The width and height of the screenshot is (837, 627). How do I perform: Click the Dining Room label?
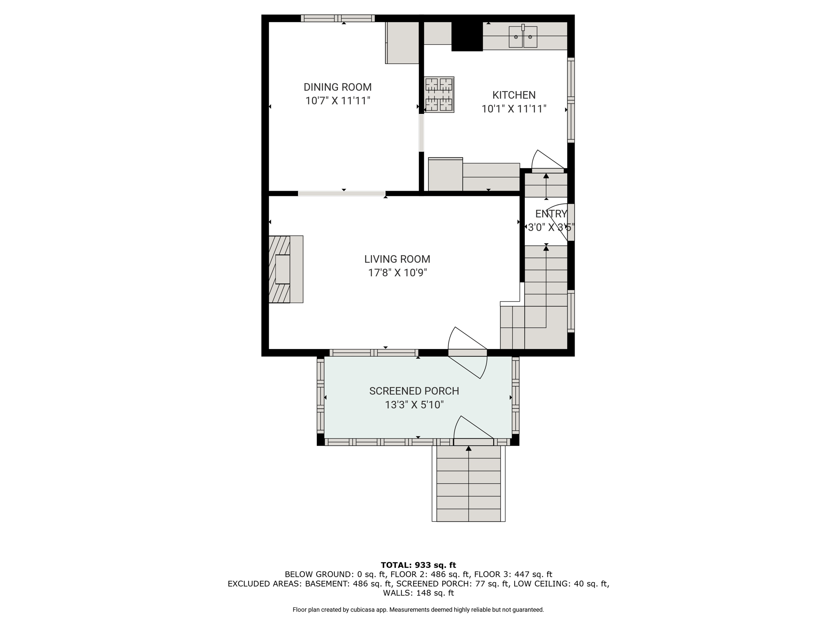coord(338,87)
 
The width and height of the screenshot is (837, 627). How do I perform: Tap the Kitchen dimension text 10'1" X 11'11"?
coord(514,109)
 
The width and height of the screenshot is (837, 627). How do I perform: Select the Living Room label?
coord(397,259)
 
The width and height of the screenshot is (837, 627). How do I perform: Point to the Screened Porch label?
coord(414,391)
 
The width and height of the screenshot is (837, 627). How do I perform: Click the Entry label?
coord(551,214)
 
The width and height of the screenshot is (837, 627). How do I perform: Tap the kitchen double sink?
coord(523,36)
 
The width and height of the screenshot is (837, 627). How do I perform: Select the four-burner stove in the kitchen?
coord(439,95)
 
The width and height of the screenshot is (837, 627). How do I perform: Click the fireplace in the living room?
coord(286,269)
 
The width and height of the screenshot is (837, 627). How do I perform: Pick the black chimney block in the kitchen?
coord(467,36)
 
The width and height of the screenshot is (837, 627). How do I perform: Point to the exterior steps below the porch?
coord(468,483)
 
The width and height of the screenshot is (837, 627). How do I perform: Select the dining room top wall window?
coord(338,18)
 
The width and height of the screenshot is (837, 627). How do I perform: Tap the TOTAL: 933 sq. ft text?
coord(418,565)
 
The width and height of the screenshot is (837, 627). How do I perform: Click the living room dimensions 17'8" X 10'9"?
coord(397,273)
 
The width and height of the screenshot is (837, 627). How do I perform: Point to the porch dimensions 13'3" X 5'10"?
coord(414,405)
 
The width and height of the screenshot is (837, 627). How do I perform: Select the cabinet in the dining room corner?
coord(402,42)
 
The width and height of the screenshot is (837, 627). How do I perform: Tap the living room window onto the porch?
coord(374,353)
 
